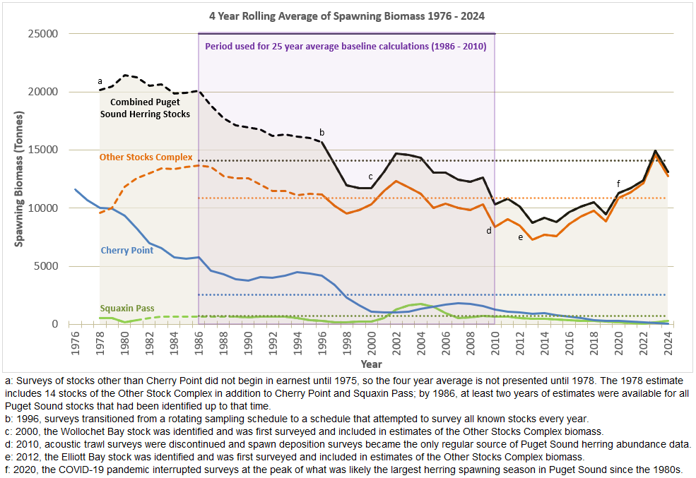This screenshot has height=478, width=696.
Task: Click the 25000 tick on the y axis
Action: (43, 34)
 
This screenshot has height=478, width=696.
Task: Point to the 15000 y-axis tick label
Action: (43, 150)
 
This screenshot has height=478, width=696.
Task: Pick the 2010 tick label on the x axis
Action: (495, 343)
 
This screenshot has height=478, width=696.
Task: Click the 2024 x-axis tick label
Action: (667, 343)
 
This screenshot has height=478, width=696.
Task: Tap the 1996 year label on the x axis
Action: (322, 343)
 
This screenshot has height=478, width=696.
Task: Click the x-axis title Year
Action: (371, 364)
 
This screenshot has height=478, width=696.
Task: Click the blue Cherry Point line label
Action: (126, 251)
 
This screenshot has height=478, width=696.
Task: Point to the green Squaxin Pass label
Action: (127, 309)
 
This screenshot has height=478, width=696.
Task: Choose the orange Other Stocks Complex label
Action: (146, 157)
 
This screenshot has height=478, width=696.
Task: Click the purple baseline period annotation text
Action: (346, 47)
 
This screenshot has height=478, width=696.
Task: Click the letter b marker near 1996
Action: (322, 132)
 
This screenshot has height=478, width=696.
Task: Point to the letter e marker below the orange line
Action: (520, 237)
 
